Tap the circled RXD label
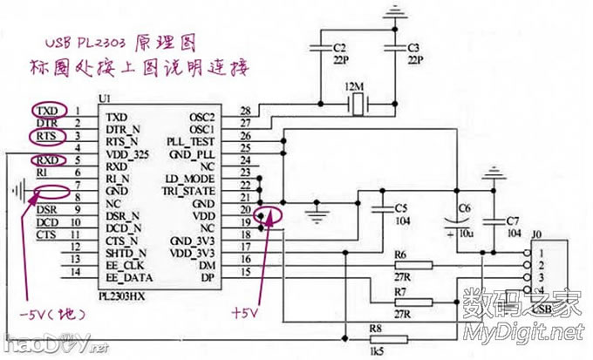(47, 160)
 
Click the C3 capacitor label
(414, 45)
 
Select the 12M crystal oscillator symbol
(356, 105)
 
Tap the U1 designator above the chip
(105, 98)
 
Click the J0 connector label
(537, 234)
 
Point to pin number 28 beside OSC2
(247, 112)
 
